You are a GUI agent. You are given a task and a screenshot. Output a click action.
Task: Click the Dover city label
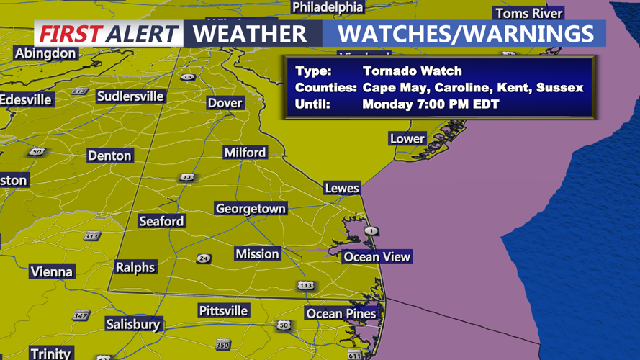pyautogui.click(x=225, y=103)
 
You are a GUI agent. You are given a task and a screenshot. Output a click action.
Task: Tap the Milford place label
pyautogui.click(x=245, y=153)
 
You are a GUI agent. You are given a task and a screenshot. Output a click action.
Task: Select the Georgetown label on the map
pyautogui.click(x=251, y=209)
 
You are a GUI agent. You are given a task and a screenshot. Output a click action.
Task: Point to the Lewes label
pyautogui.click(x=341, y=188)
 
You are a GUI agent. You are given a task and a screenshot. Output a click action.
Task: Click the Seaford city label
pyautogui.click(x=161, y=222)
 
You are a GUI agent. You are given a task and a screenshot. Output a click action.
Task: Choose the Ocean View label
pyautogui.click(x=377, y=257)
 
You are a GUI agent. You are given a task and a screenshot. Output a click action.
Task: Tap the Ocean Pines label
pyautogui.click(x=341, y=314)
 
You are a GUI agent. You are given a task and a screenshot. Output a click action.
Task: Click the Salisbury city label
pyautogui.click(x=132, y=325)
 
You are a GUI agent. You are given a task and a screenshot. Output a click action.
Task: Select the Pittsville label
pyautogui.click(x=223, y=311)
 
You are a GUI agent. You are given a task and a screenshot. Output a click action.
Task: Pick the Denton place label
pyautogui.click(x=109, y=156)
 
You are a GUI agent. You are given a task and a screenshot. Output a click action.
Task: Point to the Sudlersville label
pyautogui.click(x=130, y=96)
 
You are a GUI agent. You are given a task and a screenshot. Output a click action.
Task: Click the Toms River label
pyautogui.click(x=528, y=14)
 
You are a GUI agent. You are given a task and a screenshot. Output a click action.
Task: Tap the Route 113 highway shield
pyautogui.click(x=306, y=286)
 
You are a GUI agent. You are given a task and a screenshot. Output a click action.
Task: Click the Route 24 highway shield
pyautogui.click(x=204, y=259)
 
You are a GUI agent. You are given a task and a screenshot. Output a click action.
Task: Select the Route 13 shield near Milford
pyautogui.click(x=187, y=177)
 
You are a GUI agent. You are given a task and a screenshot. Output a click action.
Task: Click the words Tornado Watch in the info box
pyautogui.click(x=412, y=71)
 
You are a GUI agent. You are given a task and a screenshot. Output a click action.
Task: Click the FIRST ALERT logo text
pyautogui.click(x=108, y=34)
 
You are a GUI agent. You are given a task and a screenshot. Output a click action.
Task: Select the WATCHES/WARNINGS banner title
pyautogui.click(x=466, y=34)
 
